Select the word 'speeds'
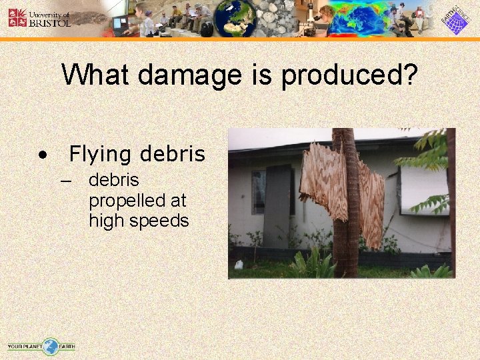[160, 221]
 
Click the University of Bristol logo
[39, 18]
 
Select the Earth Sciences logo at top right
[455, 19]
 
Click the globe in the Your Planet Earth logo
[51, 346]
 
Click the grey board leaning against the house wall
[276, 206]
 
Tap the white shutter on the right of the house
[423, 189]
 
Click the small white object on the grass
[237, 265]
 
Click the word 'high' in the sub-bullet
[104, 221]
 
